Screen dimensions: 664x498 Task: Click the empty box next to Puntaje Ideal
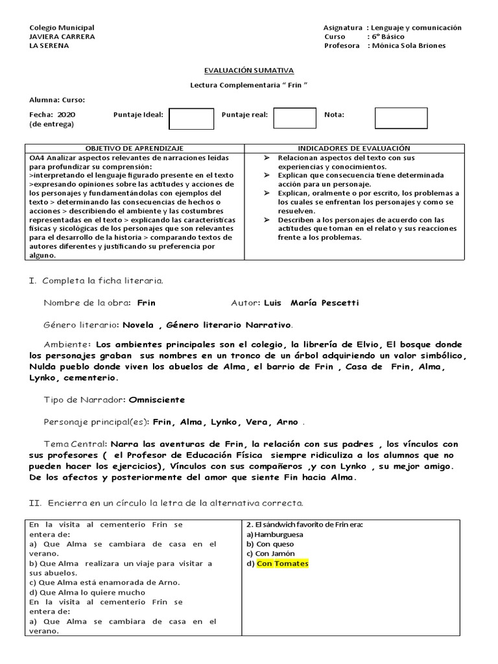(x=191, y=119)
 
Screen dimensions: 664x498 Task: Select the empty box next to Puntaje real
(x=294, y=118)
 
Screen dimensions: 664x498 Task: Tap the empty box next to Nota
(x=401, y=118)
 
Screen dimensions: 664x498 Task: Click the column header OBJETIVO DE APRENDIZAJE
(x=135, y=148)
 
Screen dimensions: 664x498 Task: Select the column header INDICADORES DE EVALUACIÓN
(x=354, y=148)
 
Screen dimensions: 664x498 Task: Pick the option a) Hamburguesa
(x=274, y=534)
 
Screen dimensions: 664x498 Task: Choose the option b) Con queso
(x=271, y=544)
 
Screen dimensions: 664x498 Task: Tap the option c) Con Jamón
(x=270, y=554)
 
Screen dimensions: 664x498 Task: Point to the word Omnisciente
(x=157, y=400)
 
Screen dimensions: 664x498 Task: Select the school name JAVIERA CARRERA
(x=62, y=37)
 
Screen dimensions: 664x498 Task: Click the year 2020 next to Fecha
(x=67, y=115)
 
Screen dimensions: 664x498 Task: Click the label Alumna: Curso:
(x=57, y=100)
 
